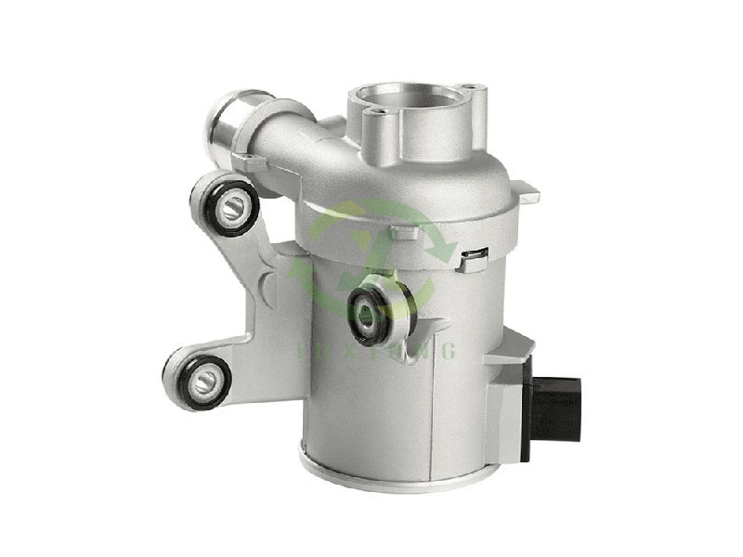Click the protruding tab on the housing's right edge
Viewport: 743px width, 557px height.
pos(528,194)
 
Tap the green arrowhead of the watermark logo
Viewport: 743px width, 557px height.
pos(445,247)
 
